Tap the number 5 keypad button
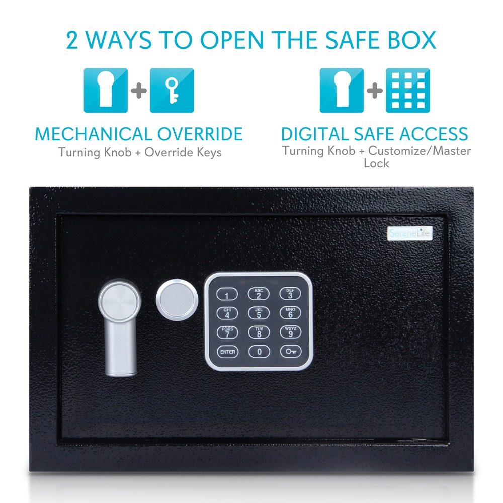[259, 313]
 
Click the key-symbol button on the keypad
[291, 352]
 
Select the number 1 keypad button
[227, 294]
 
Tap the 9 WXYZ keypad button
[291, 332]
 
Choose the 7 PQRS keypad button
[227, 332]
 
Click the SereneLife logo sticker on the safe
[410, 233]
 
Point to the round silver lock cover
[177, 300]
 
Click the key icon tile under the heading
[172, 91]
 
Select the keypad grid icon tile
[408, 91]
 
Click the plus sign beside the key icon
[139, 91]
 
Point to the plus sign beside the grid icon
[375, 91]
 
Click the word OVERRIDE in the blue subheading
[200, 134]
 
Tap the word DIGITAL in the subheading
[315, 134]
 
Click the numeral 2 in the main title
[72, 40]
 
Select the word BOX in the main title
[412, 40]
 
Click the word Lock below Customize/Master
[376, 163]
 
